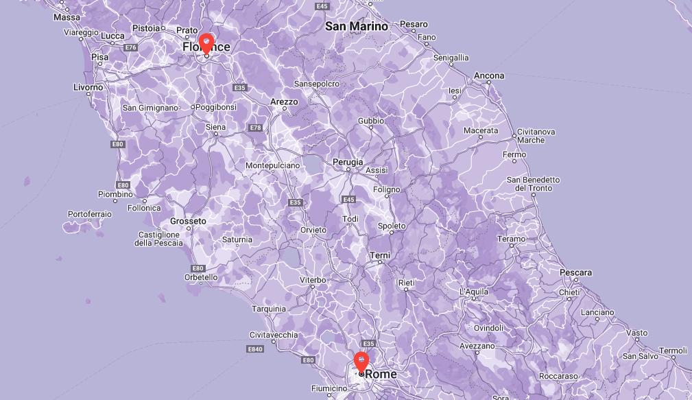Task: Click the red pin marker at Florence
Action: click(206, 43)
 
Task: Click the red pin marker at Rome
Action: click(361, 361)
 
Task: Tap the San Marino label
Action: click(357, 26)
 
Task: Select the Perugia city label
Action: click(348, 162)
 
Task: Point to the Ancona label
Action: click(489, 75)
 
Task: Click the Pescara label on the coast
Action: click(575, 272)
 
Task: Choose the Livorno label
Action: click(88, 87)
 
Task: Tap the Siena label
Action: click(215, 127)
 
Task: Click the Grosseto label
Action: click(188, 221)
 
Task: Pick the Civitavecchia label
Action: click(274, 335)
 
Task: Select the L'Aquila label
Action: click(474, 292)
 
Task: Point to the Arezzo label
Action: click(285, 102)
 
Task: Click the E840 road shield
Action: click(254, 349)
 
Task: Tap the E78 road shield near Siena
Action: click(256, 128)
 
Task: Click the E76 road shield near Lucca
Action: click(132, 47)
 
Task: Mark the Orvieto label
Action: click(313, 230)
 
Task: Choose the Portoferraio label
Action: click(89, 214)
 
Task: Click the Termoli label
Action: click(673, 350)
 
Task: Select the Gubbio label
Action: click(371, 121)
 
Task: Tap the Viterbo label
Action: click(312, 280)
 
